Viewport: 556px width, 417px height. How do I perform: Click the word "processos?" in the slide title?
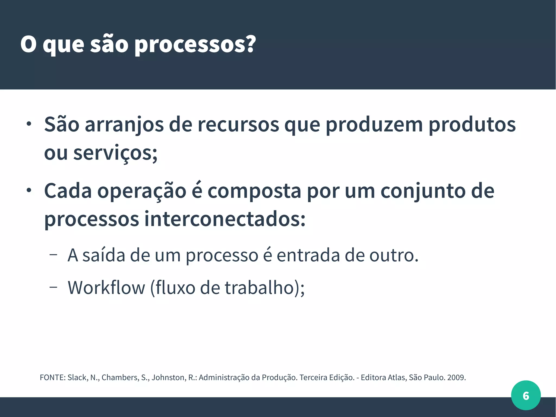pyautogui.click(x=195, y=45)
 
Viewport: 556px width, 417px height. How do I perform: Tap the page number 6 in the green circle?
pyautogui.click(x=526, y=396)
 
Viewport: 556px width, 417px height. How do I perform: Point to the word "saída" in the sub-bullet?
pyautogui.click(x=104, y=255)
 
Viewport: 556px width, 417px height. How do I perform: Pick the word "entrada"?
pyautogui.click(x=308, y=255)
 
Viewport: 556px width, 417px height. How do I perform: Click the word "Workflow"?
pyautogui.click(x=106, y=288)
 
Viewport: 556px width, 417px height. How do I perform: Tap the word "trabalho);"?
pyautogui.click(x=265, y=288)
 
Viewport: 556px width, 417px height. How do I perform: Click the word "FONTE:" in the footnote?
pyautogui.click(x=53, y=378)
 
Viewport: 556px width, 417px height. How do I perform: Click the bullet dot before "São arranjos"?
pyautogui.click(x=29, y=124)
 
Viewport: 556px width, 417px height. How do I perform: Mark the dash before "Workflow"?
pyautogui.click(x=53, y=287)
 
